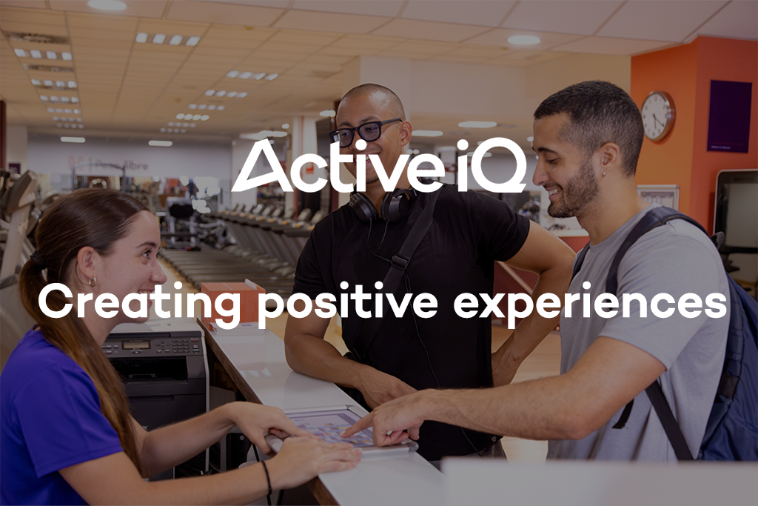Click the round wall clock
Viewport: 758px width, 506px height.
coord(657,116)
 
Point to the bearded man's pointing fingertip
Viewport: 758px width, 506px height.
coord(346,434)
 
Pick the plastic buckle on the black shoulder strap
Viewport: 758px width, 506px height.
coord(400,261)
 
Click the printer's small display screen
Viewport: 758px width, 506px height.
coord(136,344)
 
